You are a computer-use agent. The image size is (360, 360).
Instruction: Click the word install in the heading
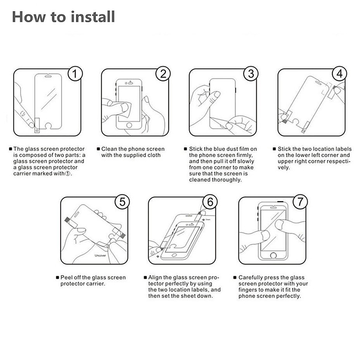pyautogui.click(x=93, y=17)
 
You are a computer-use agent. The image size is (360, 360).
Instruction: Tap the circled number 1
pyautogui.click(x=75, y=74)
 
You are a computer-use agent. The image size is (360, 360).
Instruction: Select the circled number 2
pyautogui.click(x=163, y=74)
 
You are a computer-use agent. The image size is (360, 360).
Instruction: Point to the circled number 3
pyautogui.click(x=251, y=74)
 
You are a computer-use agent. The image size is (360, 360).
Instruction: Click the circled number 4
pyautogui.click(x=339, y=74)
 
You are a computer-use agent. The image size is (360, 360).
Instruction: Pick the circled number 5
pyautogui.click(x=122, y=202)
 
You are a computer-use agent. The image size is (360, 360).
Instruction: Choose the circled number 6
pyautogui.click(x=210, y=202)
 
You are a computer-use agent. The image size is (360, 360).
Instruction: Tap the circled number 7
pyautogui.click(x=300, y=202)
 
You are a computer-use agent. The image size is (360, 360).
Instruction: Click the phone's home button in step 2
pyautogui.click(x=129, y=125)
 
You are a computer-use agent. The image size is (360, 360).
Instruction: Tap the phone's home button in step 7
pyautogui.click(x=273, y=255)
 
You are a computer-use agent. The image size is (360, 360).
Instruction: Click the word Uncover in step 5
pyautogui.click(x=100, y=255)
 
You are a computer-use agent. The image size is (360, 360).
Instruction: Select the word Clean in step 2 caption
pyautogui.click(x=109, y=149)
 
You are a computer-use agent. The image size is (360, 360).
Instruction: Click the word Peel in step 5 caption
pyautogui.click(x=66, y=278)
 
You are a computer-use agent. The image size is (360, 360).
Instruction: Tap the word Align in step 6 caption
pyautogui.click(x=155, y=278)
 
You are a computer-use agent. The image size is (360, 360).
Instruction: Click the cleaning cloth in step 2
pyautogui.click(x=126, y=109)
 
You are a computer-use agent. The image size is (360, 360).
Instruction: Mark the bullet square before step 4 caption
pyautogui.click(x=274, y=149)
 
